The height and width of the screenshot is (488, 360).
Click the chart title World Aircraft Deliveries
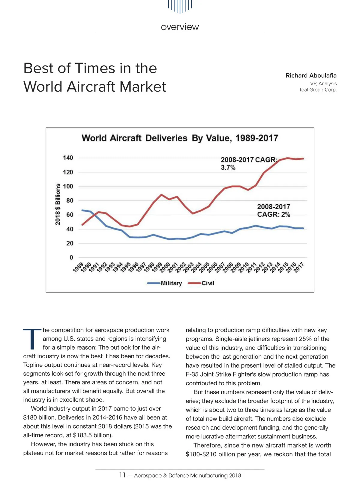(x=180, y=138)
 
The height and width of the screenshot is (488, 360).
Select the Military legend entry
(x=171, y=283)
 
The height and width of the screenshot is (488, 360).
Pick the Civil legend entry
(x=208, y=283)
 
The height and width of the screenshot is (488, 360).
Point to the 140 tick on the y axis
(x=68, y=158)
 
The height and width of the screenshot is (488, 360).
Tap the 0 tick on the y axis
(x=71, y=257)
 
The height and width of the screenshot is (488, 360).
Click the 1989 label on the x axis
(x=78, y=267)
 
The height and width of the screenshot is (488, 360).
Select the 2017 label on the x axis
(x=299, y=267)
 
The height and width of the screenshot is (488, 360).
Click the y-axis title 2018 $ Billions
(x=58, y=204)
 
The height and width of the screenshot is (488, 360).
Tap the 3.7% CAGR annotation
(x=228, y=168)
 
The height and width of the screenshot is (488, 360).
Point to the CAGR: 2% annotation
(x=273, y=214)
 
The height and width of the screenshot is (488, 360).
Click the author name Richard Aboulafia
(x=311, y=75)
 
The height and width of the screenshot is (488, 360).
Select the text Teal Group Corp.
(x=318, y=89)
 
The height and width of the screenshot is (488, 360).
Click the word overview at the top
(x=180, y=27)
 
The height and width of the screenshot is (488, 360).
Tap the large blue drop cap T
(x=31, y=339)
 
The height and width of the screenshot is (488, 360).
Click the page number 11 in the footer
(x=122, y=475)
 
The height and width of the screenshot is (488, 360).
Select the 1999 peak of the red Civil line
(x=161, y=195)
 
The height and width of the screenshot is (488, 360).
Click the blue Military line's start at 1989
(x=82, y=210)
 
